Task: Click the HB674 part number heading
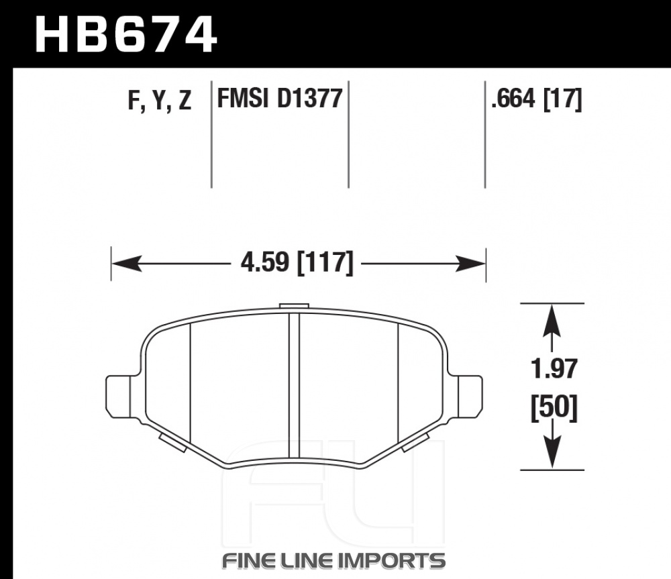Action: [x=126, y=34]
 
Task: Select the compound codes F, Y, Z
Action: [x=159, y=101]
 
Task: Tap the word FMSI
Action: [x=243, y=98]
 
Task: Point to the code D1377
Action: [x=310, y=98]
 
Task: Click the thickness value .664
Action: [x=513, y=99]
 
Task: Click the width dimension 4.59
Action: [x=265, y=262]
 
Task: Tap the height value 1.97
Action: [x=554, y=368]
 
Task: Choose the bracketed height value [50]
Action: [x=554, y=407]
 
